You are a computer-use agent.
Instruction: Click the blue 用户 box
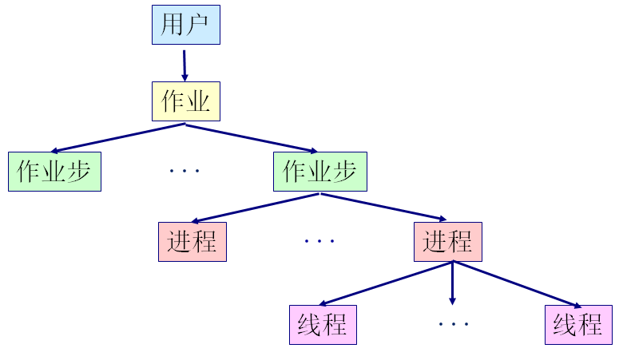click(185, 25)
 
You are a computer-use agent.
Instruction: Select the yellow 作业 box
click(185, 101)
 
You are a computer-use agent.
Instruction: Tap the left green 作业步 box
click(55, 171)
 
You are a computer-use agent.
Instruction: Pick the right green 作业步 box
click(319, 171)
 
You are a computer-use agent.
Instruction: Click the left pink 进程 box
click(192, 241)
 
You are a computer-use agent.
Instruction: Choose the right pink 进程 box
click(448, 241)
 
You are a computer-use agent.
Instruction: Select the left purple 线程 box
click(322, 325)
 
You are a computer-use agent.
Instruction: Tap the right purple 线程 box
click(578, 325)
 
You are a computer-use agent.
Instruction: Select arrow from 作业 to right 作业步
click(252, 137)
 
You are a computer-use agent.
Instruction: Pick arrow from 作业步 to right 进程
click(383, 206)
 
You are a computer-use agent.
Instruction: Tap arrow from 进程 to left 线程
click(386, 283)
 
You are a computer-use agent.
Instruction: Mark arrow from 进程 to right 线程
click(517, 283)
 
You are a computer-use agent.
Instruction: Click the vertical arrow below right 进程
click(452, 283)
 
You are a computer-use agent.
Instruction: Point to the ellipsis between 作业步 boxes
click(185, 171)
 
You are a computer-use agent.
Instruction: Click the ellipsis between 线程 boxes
click(454, 324)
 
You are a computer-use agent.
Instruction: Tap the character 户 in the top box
click(196, 25)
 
